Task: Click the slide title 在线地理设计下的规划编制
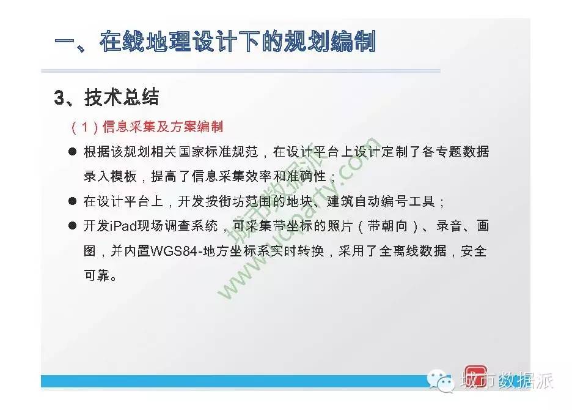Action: [238, 42]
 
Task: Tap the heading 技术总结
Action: [122, 97]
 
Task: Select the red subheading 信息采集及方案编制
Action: [163, 127]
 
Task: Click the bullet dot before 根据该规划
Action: [73, 151]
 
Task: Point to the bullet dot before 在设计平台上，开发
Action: [73, 201]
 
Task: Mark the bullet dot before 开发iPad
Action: [73, 226]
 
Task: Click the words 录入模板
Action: [110, 176]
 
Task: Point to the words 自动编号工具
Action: [395, 201]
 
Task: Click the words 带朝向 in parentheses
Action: [387, 226]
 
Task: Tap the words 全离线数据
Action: [413, 251]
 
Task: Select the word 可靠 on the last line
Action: [97, 275]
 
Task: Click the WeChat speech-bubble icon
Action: [440, 380]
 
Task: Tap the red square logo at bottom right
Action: [475, 376]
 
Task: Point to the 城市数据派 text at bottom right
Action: [507, 381]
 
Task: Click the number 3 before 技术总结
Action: [59, 97]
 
